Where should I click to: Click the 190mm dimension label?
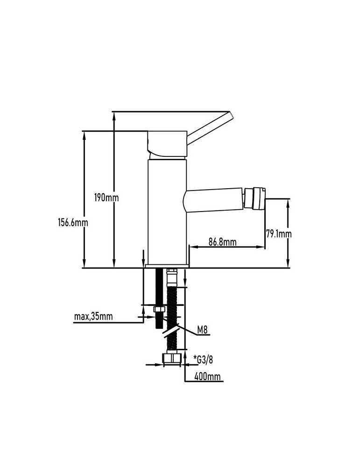pyautogui.click(x=106, y=198)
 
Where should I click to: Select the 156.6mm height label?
pyautogui.click(x=73, y=222)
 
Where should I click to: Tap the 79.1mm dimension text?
pyautogui.click(x=279, y=234)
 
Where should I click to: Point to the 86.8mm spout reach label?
pyautogui.click(x=222, y=241)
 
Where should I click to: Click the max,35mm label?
pyautogui.click(x=93, y=316)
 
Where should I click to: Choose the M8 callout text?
pyautogui.click(x=202, y=330)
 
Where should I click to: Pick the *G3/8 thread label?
pyautogui.click(x=203, y=360)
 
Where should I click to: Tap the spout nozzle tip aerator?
pyautogui.click(x=254, y=198)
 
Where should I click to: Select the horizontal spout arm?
pyautogui.click(x=213, y=200)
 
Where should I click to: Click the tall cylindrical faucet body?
pyautogui.click(x=167, y=212)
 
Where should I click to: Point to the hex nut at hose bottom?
pyautogui.click(x=172, y=359)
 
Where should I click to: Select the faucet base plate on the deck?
pyautogui.click(x=167, y=266)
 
